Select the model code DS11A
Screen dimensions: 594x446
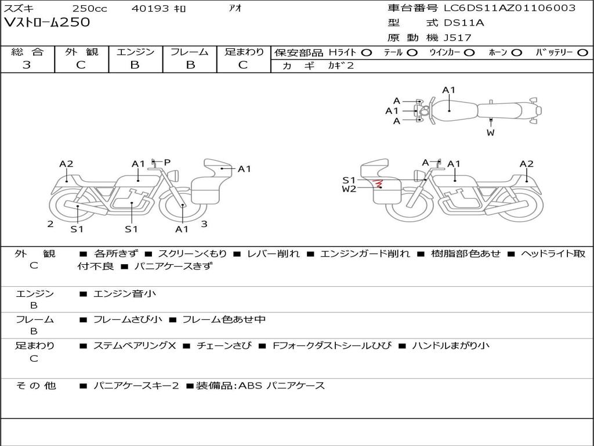(x=463, y=23)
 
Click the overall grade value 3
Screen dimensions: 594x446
(x=27, y=65)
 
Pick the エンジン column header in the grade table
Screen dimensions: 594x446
(x=135, y=52)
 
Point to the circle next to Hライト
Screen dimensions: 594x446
(x=367, y=53)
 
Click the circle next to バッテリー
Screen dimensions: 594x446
(x=582, y=53)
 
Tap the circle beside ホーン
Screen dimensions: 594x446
(x=517, y=53)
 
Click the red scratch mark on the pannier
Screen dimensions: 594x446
(x=378, y=184)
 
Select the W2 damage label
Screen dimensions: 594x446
(x=349, y=189)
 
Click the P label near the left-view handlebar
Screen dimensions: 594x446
(x=167, y=163)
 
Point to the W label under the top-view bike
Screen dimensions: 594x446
(x=491, y=133)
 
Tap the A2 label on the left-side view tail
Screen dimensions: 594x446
(x=66, y=164)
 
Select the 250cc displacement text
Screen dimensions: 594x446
(x=90, y=8)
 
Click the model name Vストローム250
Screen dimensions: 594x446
(x=47, y=23)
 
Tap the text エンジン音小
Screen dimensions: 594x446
(x=125, y=293)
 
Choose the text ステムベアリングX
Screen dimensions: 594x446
(x=135, y=346)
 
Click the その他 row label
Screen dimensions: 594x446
(x=36, y=386)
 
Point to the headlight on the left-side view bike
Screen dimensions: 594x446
(x=175, y=175)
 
